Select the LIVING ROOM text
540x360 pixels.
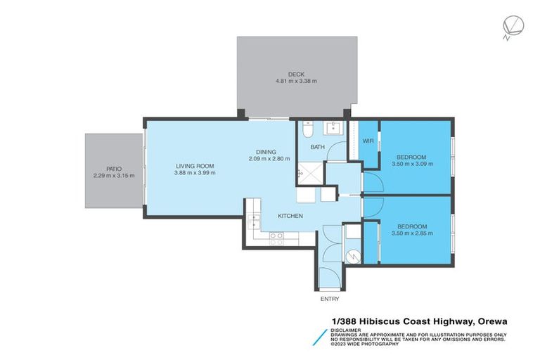(195, 165)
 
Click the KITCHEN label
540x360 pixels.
(290, 216)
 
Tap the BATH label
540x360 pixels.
(318, 147)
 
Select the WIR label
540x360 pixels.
(368, 141)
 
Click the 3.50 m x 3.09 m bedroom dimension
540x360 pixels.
(412, 164)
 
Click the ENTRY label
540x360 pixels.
(329, 298)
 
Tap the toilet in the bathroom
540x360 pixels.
(307, 131)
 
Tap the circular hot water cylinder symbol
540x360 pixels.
(351, 255)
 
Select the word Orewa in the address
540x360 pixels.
(491, 321)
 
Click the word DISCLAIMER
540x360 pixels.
(347, 329)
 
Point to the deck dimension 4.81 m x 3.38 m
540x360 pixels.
(296, 82)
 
